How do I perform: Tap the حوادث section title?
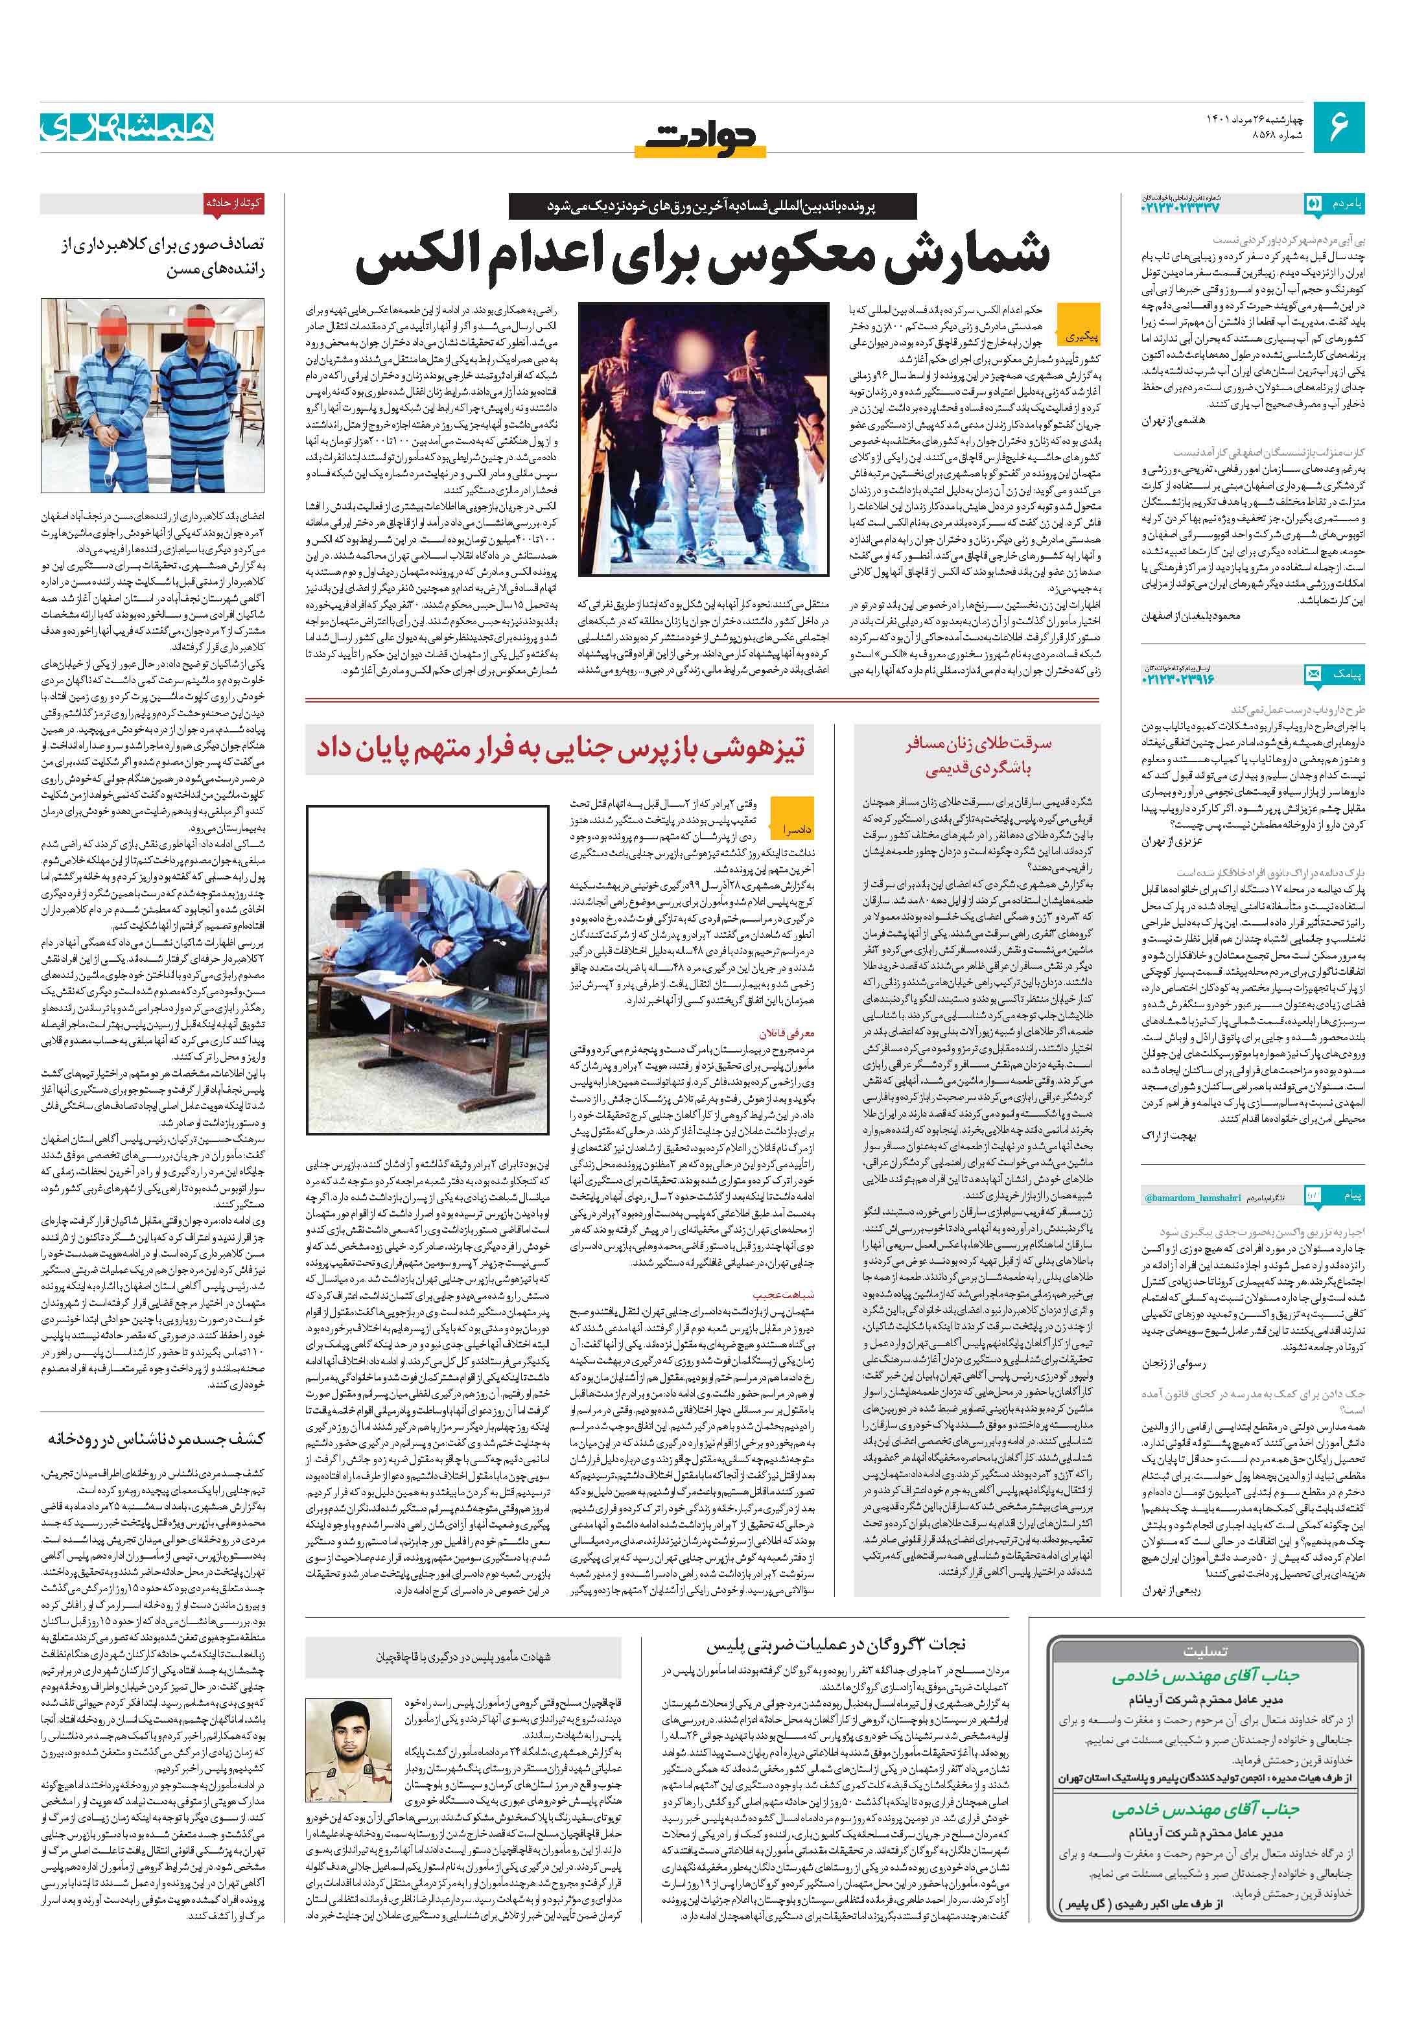click(x=702, y=137)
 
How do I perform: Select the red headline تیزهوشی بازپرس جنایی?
click(x=561, y=747)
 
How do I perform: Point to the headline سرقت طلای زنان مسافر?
click(x=978, y=754)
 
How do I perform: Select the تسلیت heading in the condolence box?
click(x=1204, y=1652)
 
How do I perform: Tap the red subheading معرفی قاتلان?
click(x=786, y=1034)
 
